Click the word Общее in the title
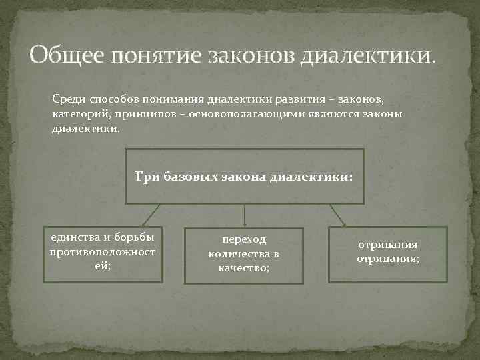[65, 54]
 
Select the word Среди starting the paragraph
[67, 99]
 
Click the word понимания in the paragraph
[171, 99]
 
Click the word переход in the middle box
[244, 239]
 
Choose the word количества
[237, 253]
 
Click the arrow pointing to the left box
[150, 215]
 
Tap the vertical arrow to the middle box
[245, 215]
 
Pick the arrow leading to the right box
[338, 215]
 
